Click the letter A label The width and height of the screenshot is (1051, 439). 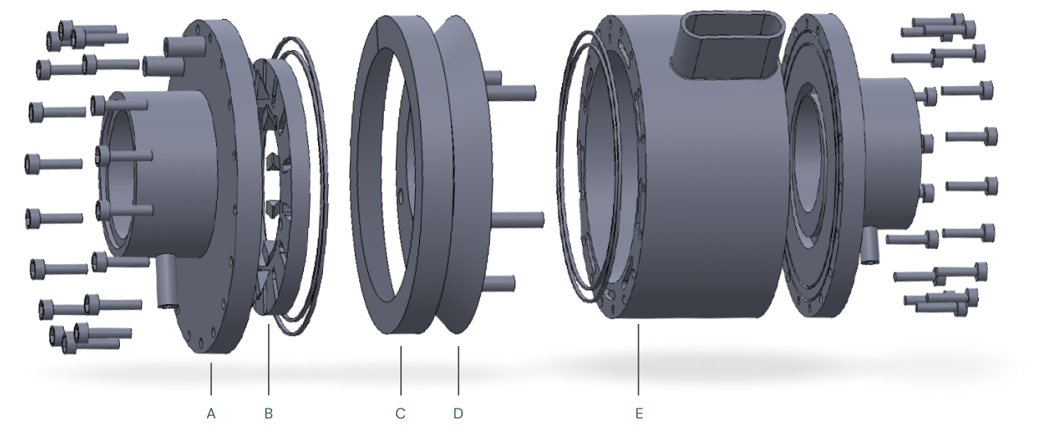click(211, 414)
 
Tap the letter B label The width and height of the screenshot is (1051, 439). click(269, 414)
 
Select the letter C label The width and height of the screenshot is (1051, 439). click(400, 414)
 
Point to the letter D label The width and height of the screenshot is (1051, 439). click(458, 414)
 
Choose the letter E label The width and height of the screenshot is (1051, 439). click(638, 414)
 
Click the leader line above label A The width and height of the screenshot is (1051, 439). click(211, 379)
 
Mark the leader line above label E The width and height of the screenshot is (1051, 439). click(638, 359)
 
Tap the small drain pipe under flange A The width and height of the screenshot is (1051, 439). click(166, 282)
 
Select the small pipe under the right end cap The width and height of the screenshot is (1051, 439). click(869, 245)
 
